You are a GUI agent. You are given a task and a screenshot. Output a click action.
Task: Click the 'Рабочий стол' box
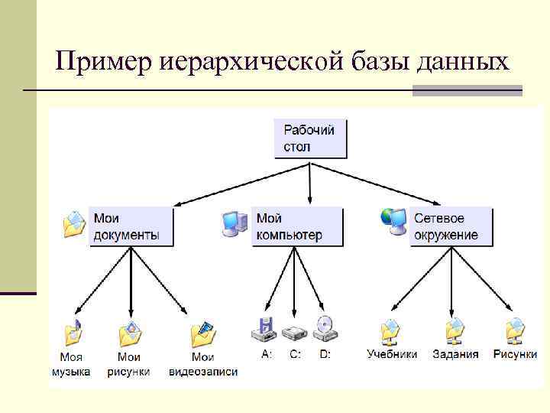[x=309, y=138]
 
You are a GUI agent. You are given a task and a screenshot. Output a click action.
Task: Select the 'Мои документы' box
[x=131, y=226]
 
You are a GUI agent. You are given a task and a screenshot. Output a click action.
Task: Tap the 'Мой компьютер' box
[x=297, y=226]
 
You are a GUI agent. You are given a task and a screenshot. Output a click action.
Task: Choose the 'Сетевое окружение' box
[x=451, y=226]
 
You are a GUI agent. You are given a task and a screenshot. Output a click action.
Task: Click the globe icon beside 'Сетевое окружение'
[x=393, y=221]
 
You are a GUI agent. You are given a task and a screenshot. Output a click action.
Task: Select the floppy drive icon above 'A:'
[x=264, y=330]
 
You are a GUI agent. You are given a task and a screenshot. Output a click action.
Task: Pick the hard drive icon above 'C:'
[x=294, y=332]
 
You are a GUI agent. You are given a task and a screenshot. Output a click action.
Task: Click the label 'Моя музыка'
[x=71, y=364]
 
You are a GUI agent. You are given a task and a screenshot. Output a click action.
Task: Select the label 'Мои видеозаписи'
[x=202, y=364]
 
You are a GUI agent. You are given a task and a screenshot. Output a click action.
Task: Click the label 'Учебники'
[x=392, y=354]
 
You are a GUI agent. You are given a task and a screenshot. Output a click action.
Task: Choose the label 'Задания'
[x=455, y=354]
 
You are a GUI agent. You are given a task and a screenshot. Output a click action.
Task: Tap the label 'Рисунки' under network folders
[x=515, y=354]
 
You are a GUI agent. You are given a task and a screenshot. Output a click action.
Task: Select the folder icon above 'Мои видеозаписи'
[x=203, y=333]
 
